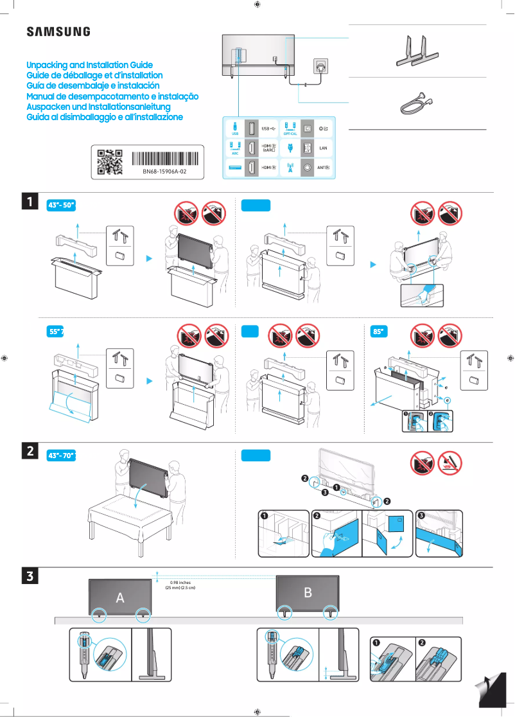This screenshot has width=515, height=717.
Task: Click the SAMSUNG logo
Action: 58,31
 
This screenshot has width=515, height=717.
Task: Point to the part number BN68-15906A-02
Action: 164,172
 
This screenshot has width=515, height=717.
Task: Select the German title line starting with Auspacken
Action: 98,106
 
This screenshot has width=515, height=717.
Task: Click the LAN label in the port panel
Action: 323,148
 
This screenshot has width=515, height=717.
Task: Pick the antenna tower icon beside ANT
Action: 290,167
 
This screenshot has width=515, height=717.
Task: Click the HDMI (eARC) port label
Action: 270,148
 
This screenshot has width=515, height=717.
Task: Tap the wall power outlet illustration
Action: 319,66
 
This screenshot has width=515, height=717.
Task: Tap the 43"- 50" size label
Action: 62,205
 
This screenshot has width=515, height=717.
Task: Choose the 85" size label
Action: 380,332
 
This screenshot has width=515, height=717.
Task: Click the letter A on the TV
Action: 119,597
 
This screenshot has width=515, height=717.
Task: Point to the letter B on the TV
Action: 308,592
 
